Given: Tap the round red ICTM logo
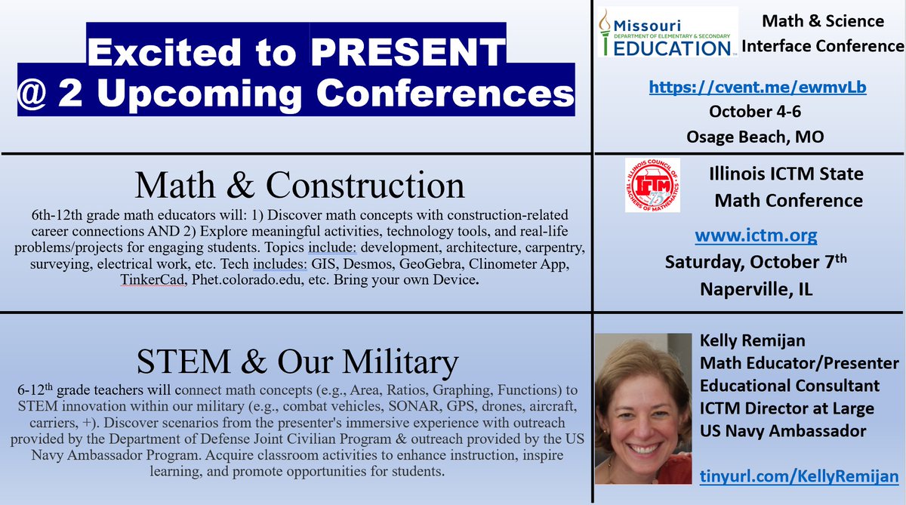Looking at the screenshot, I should [652, 185].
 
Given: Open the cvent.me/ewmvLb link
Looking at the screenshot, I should [757, 88].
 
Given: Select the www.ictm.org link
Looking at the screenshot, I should [756, 236].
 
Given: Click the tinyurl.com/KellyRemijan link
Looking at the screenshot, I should [799, 476].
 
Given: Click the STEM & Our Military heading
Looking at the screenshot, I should [297, 362].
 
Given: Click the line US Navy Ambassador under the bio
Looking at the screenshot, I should [784, 431].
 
